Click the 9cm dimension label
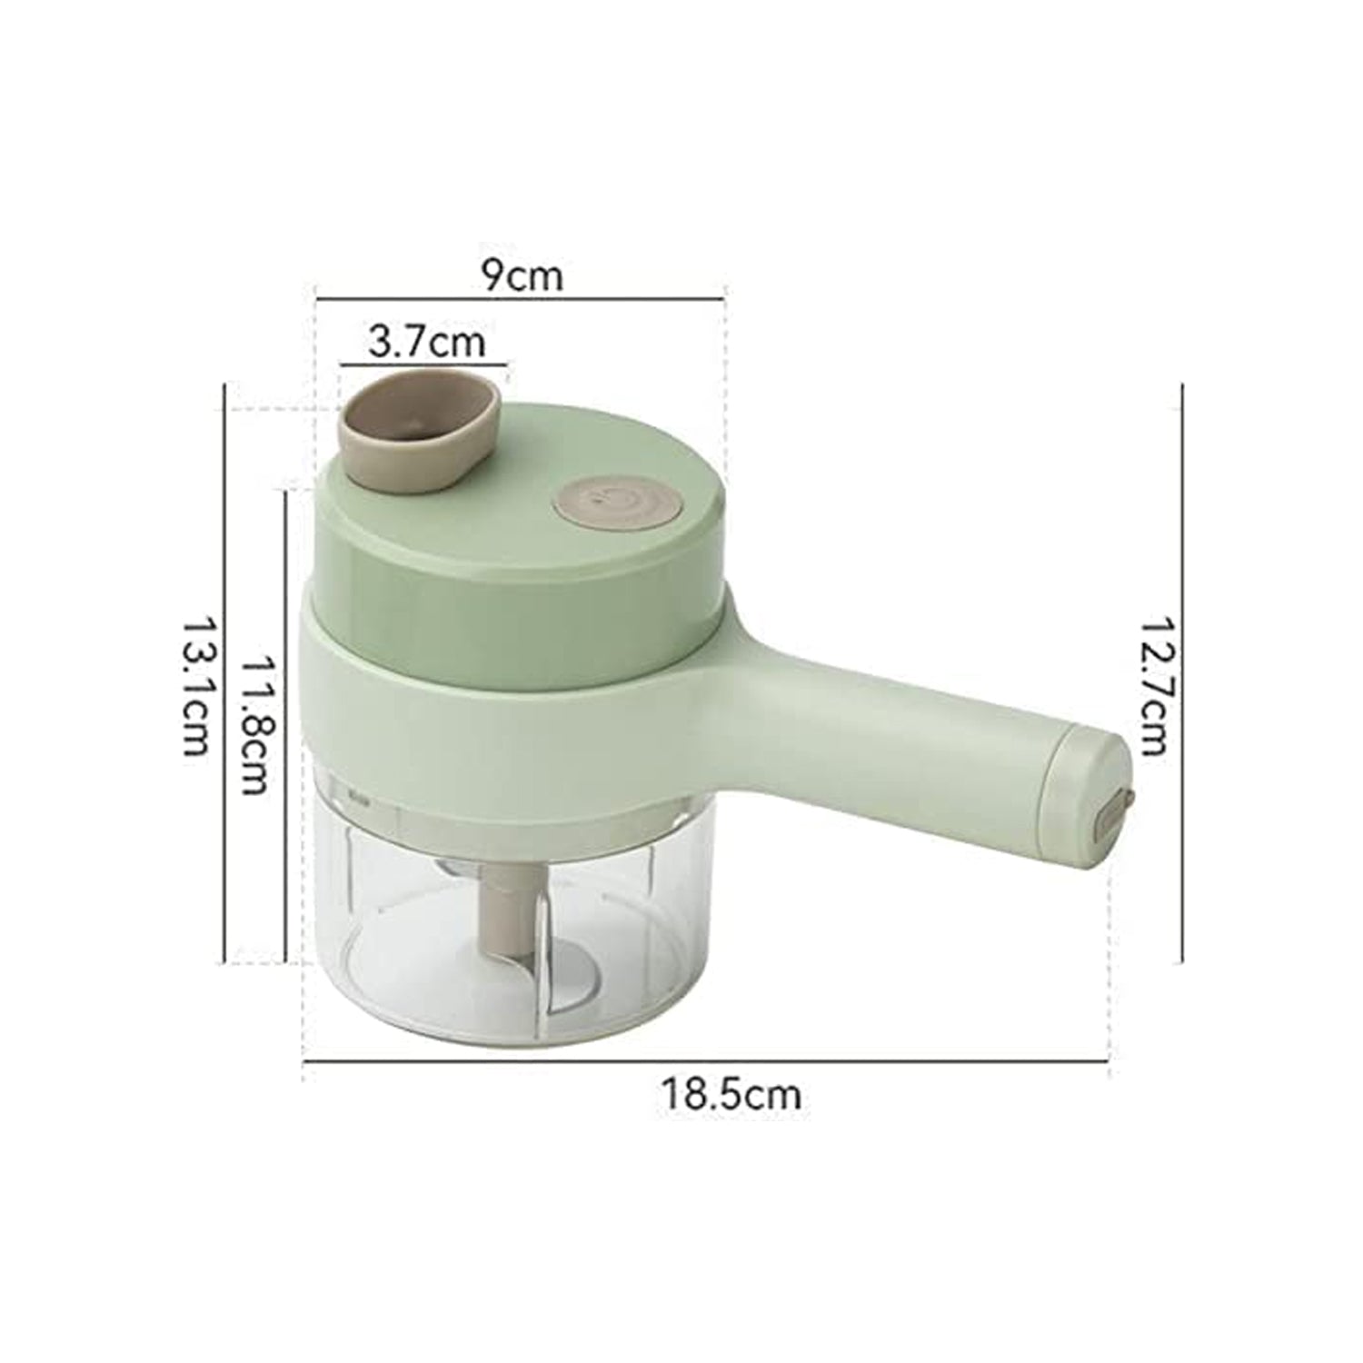(x=522, y=274)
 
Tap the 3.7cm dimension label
(x=427, y=343)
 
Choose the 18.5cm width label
(x=731, y=1094)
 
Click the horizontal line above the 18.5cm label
(x=704, y=1060)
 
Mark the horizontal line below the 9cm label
(x=520, y=296)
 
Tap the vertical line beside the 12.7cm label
(x=1181, y=672)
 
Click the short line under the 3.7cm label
(x=423, y=365)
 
